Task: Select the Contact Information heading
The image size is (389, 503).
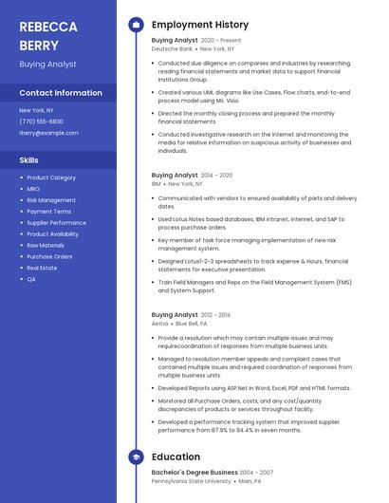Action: [x=61, y=93]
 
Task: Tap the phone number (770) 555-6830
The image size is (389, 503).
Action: [x=41, y=121]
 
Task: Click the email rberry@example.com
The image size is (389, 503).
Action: [x=48, y=133]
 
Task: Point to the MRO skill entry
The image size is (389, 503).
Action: [x=34, y=189]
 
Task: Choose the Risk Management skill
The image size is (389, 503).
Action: [x=51, y=200]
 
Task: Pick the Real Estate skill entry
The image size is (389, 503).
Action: [x=42, y=268]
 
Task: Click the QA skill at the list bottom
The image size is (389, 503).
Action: [x=31, y=279]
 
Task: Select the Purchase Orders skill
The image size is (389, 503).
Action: [x=49, y=256]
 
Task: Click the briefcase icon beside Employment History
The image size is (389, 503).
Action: [x=136, y=24]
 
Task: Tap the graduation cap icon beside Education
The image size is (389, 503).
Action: [x=136, y=456]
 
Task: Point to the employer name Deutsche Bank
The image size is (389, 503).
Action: [x=171, y=48]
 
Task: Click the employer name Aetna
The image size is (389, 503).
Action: [x=159, y=323]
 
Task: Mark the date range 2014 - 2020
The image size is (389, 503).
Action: [x=216, y=176]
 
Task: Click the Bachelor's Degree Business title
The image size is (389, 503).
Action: [x=194, y=472]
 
